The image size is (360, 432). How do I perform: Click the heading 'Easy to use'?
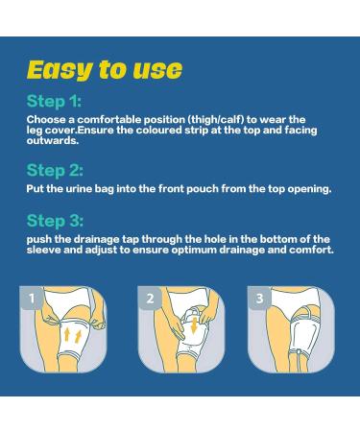pyautogui.click(x=104, y=69)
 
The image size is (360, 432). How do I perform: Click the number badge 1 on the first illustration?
pyautogui.click(x=32, y=300)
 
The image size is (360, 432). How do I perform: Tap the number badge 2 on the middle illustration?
pyautogui.click(x=150, y=300)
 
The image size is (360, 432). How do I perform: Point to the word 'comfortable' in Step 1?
pyautogui.click(x=107, y=120)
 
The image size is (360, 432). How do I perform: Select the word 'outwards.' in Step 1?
pyautogui.click(x=55, y=140)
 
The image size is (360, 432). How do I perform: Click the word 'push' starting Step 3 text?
pyautogui.click(x=39, y=239)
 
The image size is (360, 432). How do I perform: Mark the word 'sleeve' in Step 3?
pyautogui.click(x=45, y=250)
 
